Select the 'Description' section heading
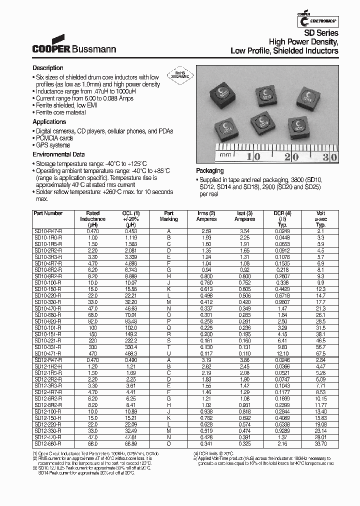[48, 68]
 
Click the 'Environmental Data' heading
[58, 155]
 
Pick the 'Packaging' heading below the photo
[209, 171]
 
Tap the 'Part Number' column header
[48, 213]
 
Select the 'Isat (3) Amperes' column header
[244, 216]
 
